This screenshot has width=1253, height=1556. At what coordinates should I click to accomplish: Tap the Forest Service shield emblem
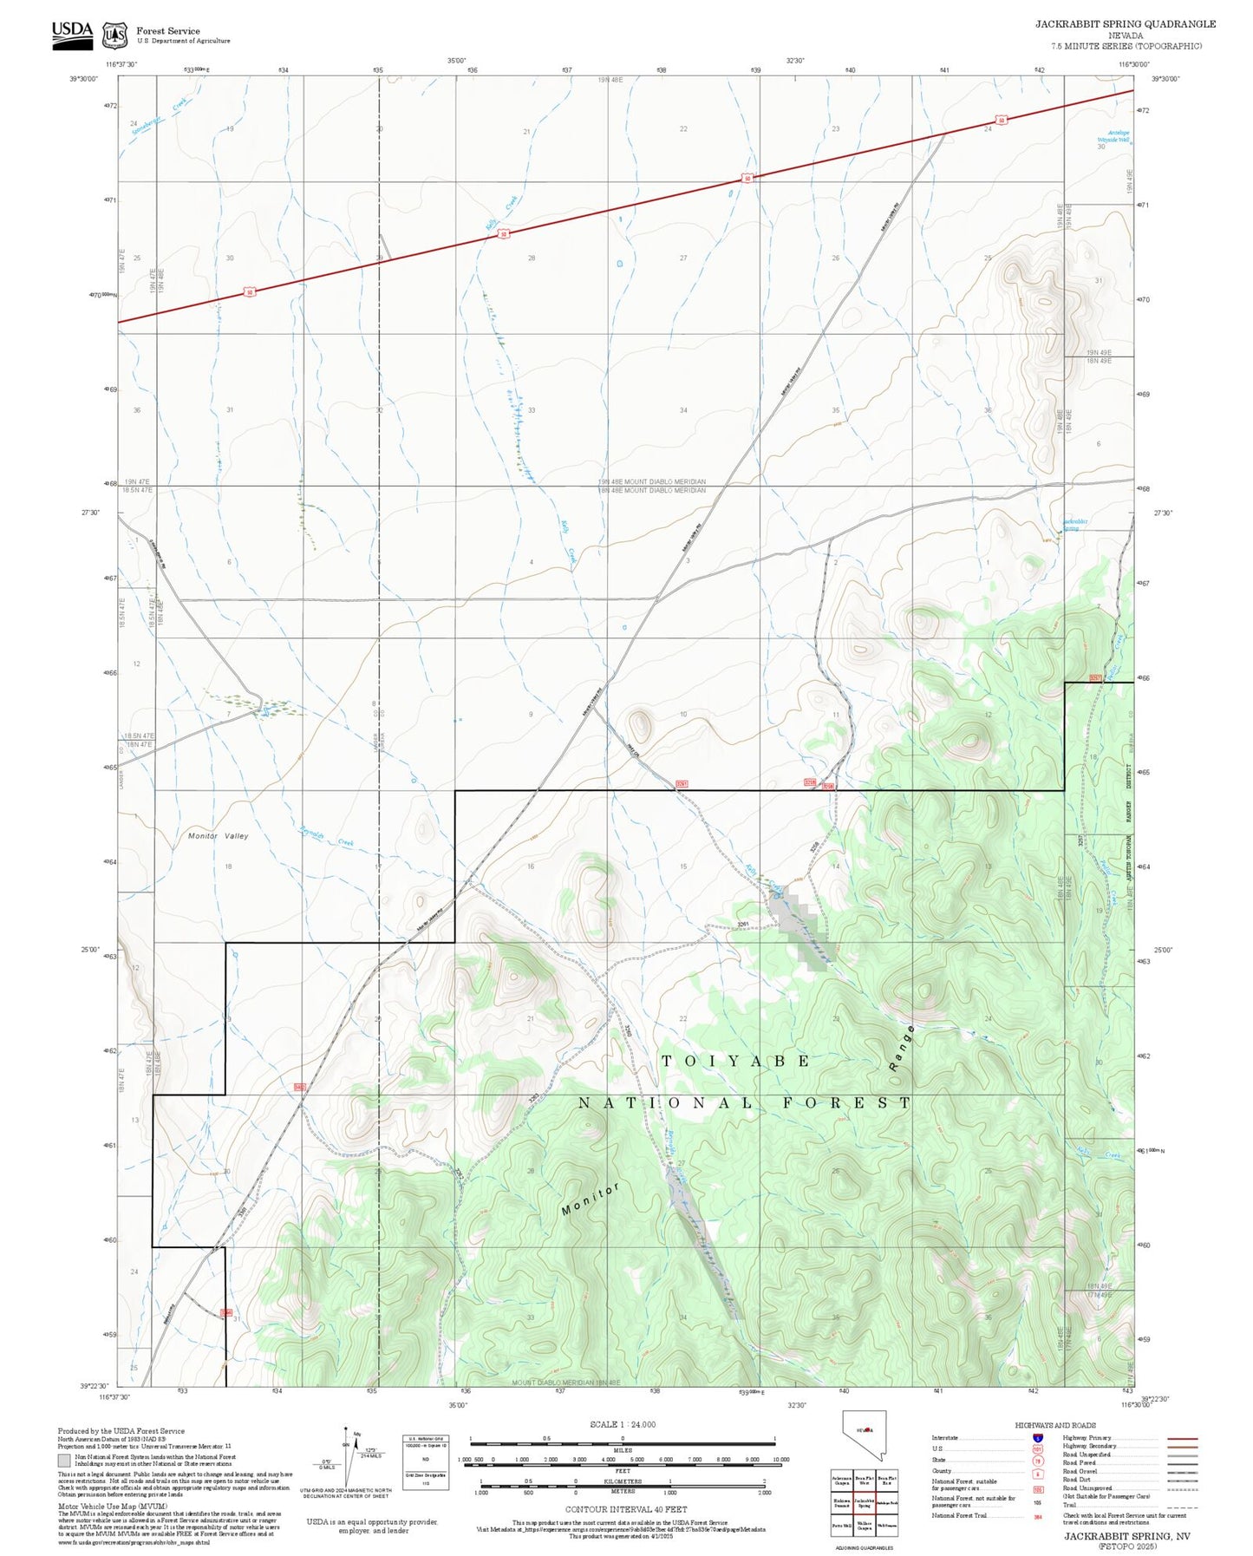(x=114, y=36)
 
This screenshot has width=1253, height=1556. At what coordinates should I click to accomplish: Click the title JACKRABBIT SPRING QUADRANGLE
(x=1125, y=24)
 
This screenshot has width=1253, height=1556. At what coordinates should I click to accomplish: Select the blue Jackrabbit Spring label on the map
(x=1073, y=524)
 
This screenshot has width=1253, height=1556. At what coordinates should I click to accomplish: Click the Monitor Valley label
(x=219, y=836)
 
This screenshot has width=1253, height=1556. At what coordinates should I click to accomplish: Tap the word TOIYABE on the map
(x=736, y=1062)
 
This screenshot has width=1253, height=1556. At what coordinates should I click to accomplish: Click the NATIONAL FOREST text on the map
(x=745, y=1103)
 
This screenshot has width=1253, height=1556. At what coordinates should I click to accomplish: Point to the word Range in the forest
(x=902, y=1048)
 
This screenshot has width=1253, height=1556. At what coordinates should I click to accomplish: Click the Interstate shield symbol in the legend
(x=1038, y=1438)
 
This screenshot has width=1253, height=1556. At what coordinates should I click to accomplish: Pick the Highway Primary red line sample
(x=1183, y=1438)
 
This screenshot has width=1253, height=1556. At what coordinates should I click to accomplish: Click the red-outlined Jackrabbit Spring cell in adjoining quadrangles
(x=864, y=1503)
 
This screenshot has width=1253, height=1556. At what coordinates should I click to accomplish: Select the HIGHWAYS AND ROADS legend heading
(x=1055, y=1425)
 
